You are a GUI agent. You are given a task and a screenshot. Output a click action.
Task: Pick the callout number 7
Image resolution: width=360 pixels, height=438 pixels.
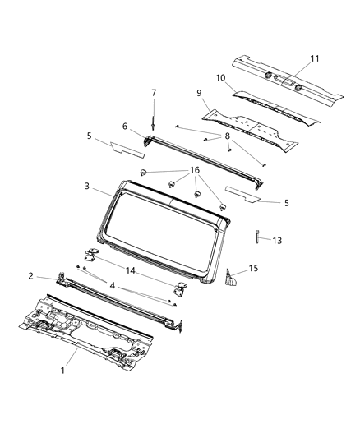154,92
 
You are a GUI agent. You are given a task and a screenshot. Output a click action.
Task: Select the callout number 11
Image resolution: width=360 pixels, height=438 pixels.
313,58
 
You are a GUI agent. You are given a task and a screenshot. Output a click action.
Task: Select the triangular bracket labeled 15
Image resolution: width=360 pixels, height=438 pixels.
233,279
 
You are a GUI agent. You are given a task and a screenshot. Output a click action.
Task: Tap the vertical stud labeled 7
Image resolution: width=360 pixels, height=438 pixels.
153,122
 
